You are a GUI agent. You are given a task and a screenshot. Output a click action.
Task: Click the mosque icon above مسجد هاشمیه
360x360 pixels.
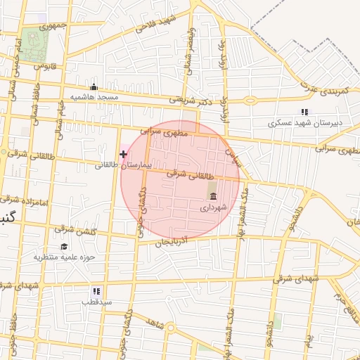click(94, 87)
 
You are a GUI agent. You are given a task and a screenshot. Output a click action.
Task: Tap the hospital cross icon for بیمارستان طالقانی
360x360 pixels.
click(124, 153)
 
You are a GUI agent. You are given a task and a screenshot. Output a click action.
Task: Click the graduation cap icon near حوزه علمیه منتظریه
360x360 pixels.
click(65, 246)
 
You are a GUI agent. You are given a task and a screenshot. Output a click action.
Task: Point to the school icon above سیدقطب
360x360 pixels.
click(96, 291)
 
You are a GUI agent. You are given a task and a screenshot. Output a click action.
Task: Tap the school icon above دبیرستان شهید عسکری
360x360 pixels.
click(304, 112)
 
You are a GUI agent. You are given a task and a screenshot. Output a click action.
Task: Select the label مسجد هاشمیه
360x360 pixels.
click(93, 96)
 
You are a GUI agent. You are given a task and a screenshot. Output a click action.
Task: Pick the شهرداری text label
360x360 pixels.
click(213, 207)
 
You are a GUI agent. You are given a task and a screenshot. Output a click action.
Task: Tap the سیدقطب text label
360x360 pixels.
click(96, 302)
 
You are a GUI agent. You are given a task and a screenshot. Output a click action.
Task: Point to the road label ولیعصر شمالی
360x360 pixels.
click(188, 49)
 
